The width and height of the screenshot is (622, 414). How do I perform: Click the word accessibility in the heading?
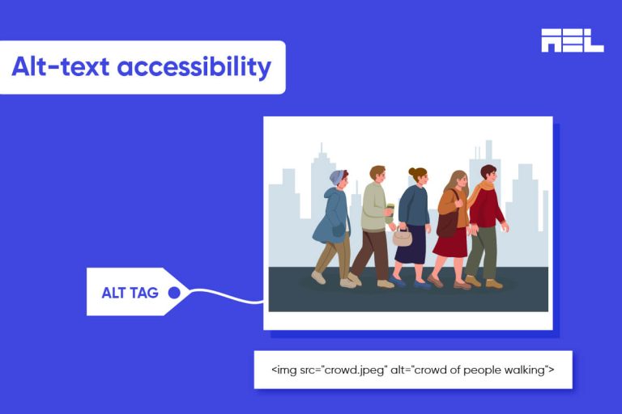[194, 67]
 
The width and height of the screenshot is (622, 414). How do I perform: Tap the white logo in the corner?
[572, 40]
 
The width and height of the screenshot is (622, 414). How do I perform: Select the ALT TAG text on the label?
[130, 293]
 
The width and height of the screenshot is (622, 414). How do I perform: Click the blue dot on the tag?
[173, 293]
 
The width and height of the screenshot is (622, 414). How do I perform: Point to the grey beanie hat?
[337, 177]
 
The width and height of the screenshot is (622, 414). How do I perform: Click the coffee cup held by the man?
[390, 212]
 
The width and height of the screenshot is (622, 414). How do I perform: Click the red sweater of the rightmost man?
[488, 209]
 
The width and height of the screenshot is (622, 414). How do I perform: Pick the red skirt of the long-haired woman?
[451, 243]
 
